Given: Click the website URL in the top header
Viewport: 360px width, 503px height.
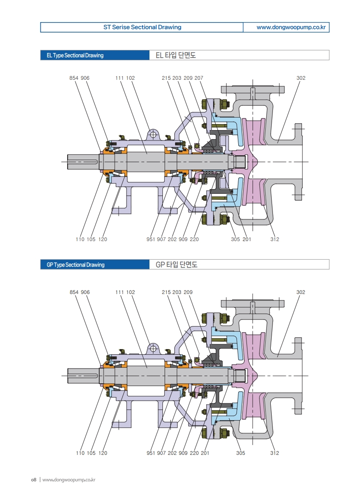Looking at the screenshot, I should click(291, 27).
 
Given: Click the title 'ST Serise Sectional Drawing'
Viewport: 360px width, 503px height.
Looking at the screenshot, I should click(142, 27).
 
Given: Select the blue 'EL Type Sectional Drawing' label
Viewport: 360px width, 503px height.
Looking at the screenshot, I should click(75, 56).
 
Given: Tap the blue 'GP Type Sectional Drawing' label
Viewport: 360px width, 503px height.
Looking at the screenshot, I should click(75, 265).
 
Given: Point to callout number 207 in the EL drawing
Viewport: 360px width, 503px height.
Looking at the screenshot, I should click(199, 78).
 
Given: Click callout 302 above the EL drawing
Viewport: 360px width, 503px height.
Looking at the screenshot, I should click(301, 78).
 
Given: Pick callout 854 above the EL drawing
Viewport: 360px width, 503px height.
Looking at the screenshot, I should click(74, 78).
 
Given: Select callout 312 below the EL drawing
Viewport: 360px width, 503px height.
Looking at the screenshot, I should click(275, 239).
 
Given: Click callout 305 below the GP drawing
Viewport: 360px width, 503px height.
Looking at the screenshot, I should click(240, 453).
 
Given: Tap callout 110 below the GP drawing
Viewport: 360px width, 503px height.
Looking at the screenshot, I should click(80, 453).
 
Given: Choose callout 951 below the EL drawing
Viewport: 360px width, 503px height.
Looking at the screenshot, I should click(152, 239).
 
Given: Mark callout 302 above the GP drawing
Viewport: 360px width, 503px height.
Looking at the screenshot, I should click(301, 292).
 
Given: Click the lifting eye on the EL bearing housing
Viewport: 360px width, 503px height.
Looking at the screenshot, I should click(152, 134).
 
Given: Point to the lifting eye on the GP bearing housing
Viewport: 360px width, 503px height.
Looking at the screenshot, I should click(152, 348).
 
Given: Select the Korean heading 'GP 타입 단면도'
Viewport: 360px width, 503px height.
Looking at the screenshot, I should click(176, 265).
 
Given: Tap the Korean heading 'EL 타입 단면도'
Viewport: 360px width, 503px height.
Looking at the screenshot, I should click(175, 56).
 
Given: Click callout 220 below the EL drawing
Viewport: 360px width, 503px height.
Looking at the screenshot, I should click(194, 239).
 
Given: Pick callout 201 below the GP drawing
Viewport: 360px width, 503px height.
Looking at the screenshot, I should click(205, 453).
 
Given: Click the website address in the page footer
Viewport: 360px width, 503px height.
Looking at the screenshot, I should click(69, 480).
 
